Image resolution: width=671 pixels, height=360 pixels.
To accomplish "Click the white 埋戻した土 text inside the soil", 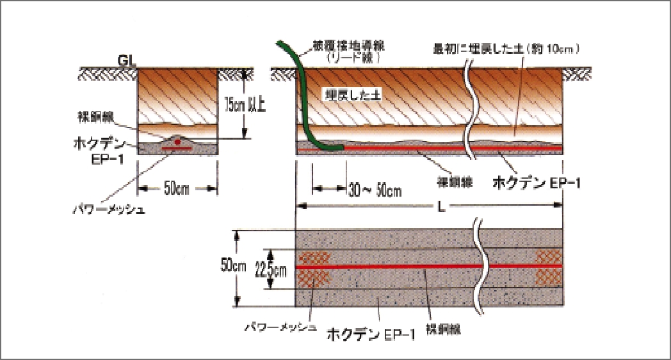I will click(352, 94).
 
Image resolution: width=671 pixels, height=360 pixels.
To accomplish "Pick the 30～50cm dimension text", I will click(375, 190).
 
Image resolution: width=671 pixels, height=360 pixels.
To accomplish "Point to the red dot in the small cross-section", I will click(177, 141).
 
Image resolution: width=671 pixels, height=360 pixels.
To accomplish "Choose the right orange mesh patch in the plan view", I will click(549, 266).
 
